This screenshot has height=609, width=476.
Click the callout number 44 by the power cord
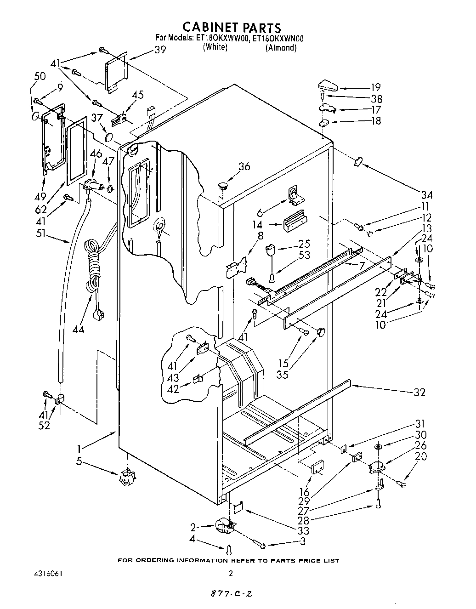point(78,329)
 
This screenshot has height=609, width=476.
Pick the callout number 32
point(419,392)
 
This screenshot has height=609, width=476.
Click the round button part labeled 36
point(223,186)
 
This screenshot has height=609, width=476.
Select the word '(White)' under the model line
point(215,47)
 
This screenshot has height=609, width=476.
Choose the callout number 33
point(303,530)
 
